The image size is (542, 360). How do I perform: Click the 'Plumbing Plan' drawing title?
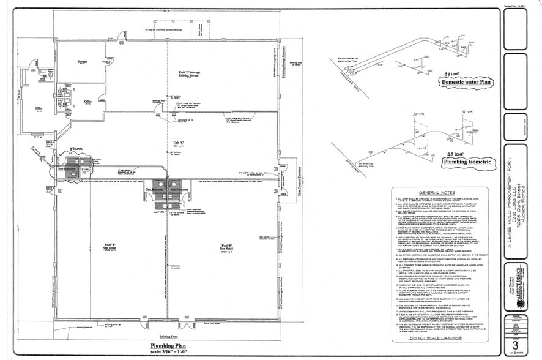point(168,345)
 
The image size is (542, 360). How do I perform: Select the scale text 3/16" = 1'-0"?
point(168,352)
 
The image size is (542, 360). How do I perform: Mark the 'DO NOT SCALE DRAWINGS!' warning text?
point(439,337)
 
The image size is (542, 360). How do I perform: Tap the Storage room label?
point(82,62)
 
